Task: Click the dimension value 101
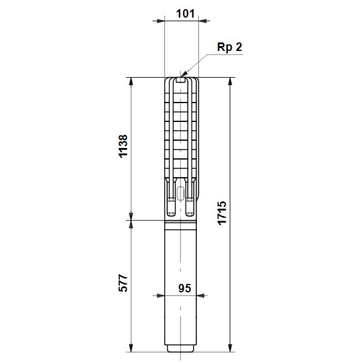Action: (185, 13)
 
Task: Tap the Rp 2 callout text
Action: (230, 47)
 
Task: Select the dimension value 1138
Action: (123, 146)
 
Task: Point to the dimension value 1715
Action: (222, 213)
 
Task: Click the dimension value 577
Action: (123, 283)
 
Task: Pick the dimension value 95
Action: (185, 288)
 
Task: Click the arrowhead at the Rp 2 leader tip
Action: (184, 74)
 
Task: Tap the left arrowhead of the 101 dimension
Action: (161, 21)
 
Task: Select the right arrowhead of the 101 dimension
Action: (202, 21)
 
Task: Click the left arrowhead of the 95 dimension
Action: (161, 296)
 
